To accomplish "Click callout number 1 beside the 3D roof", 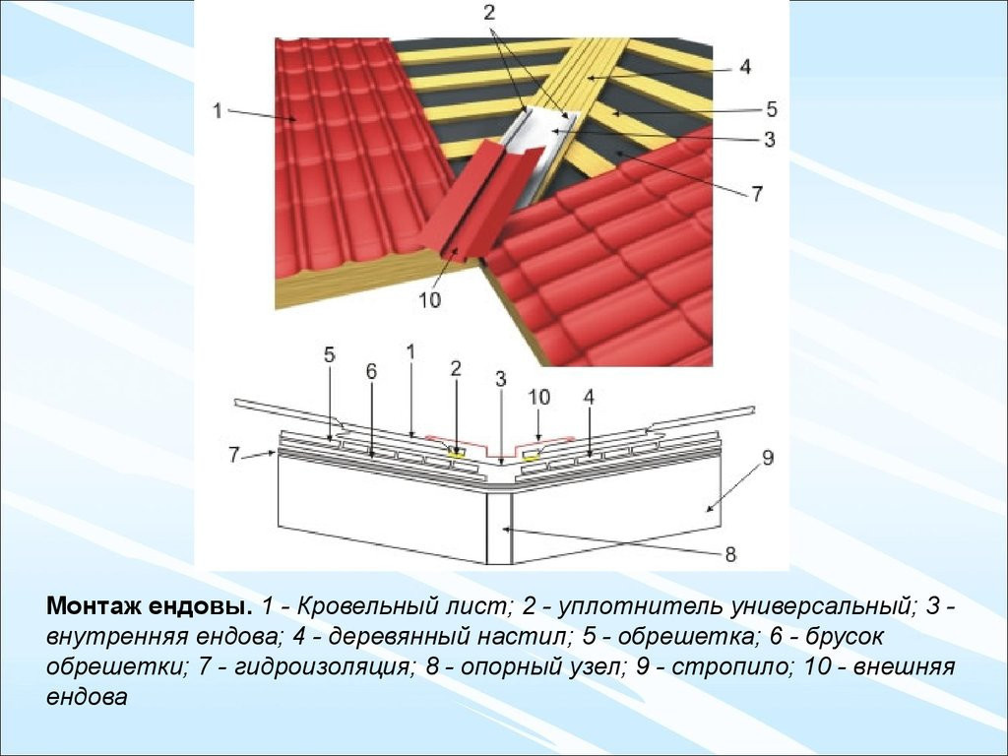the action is (218, 111).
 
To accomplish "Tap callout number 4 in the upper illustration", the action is (744, 66).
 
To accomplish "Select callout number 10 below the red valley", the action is (429, 299).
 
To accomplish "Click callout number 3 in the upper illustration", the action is (770, 139).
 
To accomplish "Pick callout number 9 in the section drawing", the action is (767, 458).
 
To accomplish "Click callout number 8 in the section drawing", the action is (730, 553).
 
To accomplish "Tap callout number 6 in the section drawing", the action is (371, 371).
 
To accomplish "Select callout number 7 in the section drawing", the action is (234, 455).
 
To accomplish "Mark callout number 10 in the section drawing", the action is (538, 398).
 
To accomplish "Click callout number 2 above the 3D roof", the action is (490, 13).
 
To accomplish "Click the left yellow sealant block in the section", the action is (457, 454).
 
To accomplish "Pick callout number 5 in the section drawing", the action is (329, 354).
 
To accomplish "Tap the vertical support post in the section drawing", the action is (499, 529).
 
